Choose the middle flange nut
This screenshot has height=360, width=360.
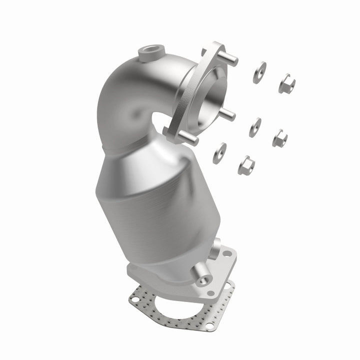(x=279, y=138)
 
